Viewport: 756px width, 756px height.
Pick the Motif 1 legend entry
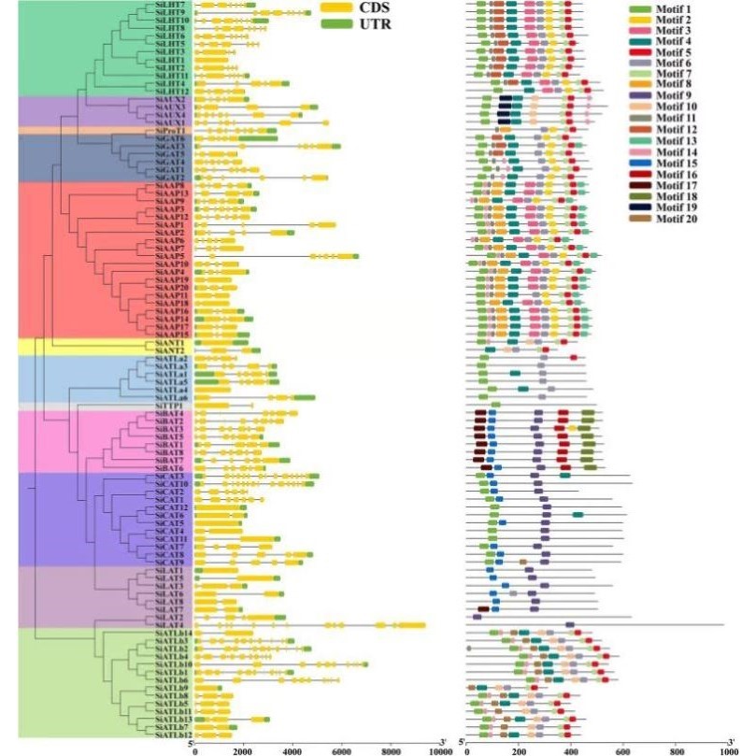[x=675, y=8]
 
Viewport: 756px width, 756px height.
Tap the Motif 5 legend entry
[x=675, y=53]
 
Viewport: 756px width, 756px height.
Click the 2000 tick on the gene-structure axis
[x=243, y=749]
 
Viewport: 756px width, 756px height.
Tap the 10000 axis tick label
[x=436, y=749]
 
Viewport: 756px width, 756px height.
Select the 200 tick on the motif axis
[x=518, y=749]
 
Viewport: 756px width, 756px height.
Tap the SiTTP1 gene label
[x=168, y=406]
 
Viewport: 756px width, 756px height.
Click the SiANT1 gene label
[x=169, y=343]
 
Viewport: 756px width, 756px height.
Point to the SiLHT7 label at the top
[x=169, y=5]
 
